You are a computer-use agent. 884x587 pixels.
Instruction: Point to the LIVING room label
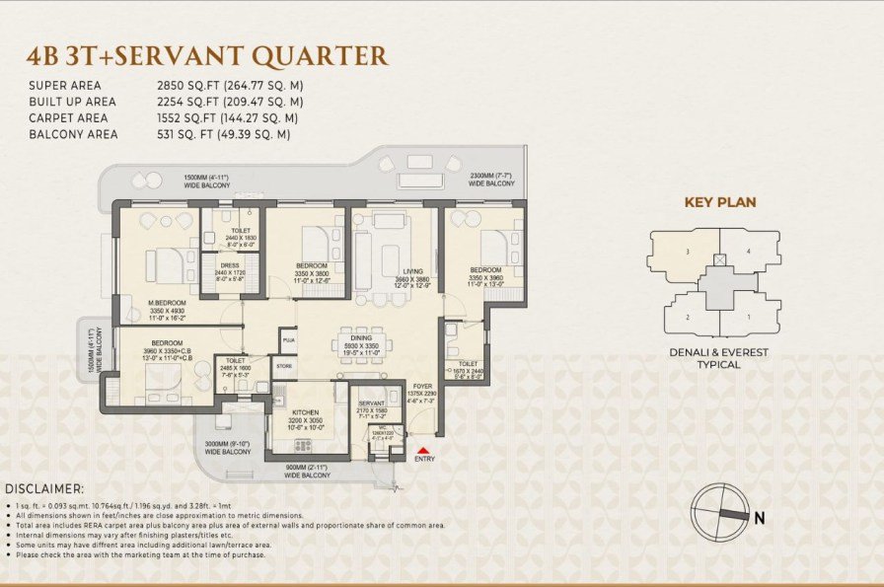coord(413,272)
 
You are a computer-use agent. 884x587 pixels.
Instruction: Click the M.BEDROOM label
coord(169,304)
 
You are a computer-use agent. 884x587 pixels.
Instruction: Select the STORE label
coord(284,366)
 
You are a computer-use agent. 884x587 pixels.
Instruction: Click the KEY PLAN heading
coord(719,202)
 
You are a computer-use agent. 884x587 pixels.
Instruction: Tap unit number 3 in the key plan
coord(687,252)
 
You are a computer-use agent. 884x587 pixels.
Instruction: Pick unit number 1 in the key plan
coord(749,317)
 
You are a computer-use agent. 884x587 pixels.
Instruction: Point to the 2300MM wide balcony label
coord(491,179)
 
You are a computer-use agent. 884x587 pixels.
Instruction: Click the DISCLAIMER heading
coord(44,488)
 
